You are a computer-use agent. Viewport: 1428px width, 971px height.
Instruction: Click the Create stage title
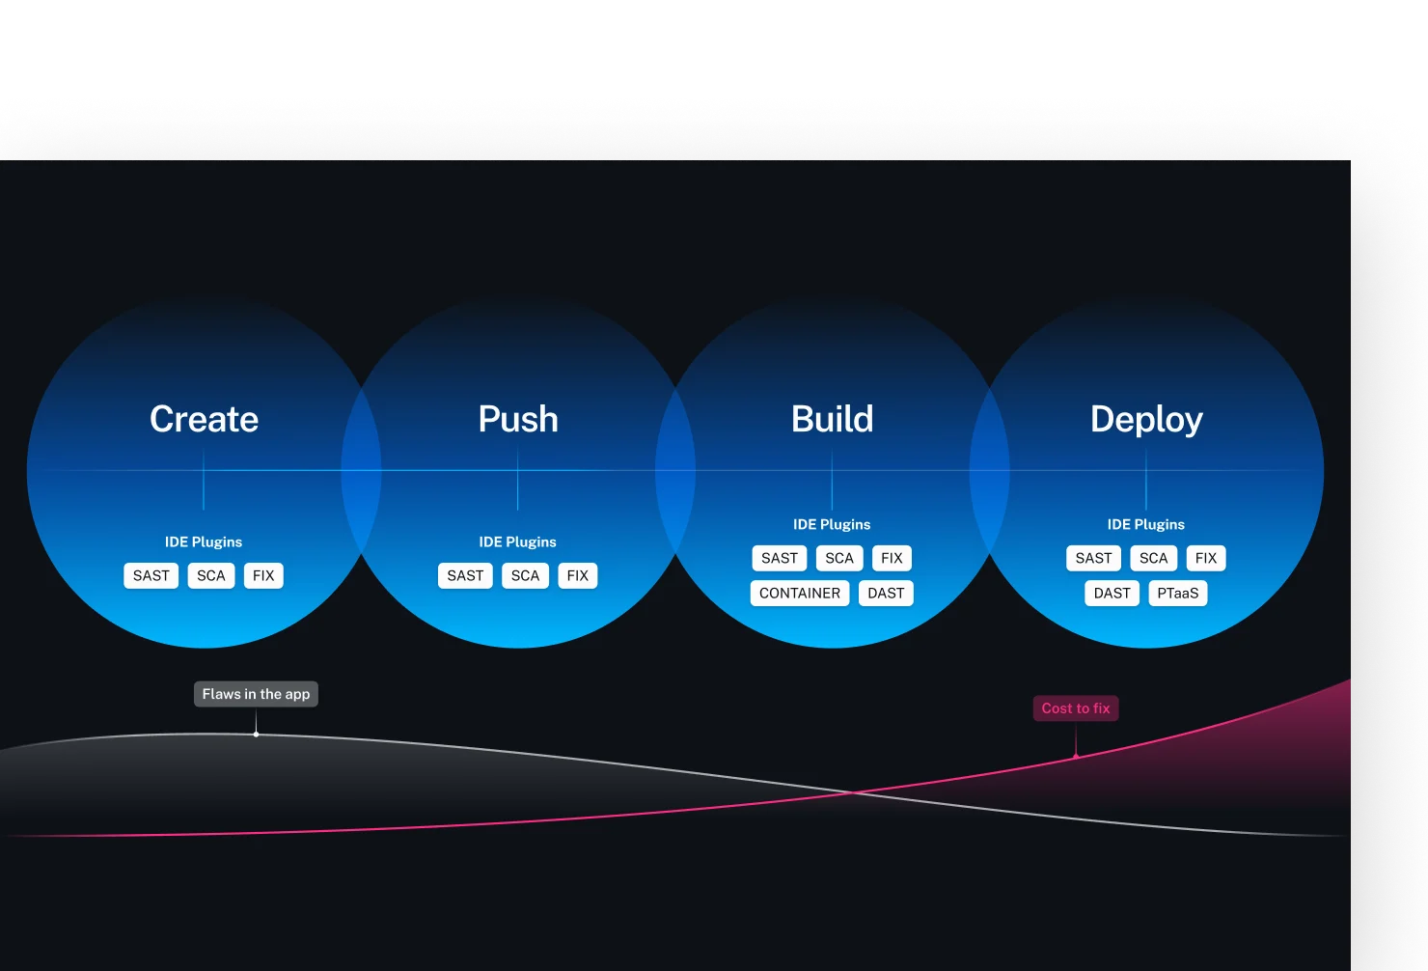click(x=204, y=419)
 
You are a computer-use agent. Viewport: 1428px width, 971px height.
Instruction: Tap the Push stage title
click(x=517, y=419)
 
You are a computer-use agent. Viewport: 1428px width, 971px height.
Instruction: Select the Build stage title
click(x=832, y=419)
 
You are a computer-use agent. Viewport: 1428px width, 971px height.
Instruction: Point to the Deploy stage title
click(x=1146, y=420)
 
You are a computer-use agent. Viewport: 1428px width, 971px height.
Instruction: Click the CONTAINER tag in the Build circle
click(x=800, y=593)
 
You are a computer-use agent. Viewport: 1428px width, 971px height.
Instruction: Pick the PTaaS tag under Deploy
click(x=1177, y=593)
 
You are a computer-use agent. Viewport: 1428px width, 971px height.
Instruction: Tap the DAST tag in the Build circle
click(x=886, y=593)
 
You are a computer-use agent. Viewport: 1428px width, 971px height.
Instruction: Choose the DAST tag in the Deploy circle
click(x=1112, y=593)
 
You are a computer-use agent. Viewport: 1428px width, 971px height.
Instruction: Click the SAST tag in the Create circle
click(x=151, y=575)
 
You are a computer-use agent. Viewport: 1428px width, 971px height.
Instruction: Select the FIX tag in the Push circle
click(x=578, y=575)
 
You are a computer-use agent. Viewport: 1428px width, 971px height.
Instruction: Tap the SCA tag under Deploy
click(x=1153, y=558)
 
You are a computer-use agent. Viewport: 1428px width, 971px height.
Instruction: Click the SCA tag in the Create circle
click(x=211, y=575)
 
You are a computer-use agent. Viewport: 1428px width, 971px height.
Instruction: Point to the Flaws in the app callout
click(x=256, y=694)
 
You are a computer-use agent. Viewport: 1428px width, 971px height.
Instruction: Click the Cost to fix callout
click(x=1076, y=708)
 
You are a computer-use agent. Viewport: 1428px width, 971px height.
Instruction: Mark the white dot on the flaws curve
click(x=256, y=735)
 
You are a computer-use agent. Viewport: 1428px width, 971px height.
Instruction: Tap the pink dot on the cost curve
click(x=1076, y=756)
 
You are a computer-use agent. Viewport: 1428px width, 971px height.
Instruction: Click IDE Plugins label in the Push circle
click(x=517, y=541)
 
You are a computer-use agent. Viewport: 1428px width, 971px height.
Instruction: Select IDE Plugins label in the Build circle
click(x=832, y=524)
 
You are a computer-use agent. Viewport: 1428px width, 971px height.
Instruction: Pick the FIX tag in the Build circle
click(x=892, y=558)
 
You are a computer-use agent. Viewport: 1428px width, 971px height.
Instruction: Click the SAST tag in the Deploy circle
click(x=1093, y=558)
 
